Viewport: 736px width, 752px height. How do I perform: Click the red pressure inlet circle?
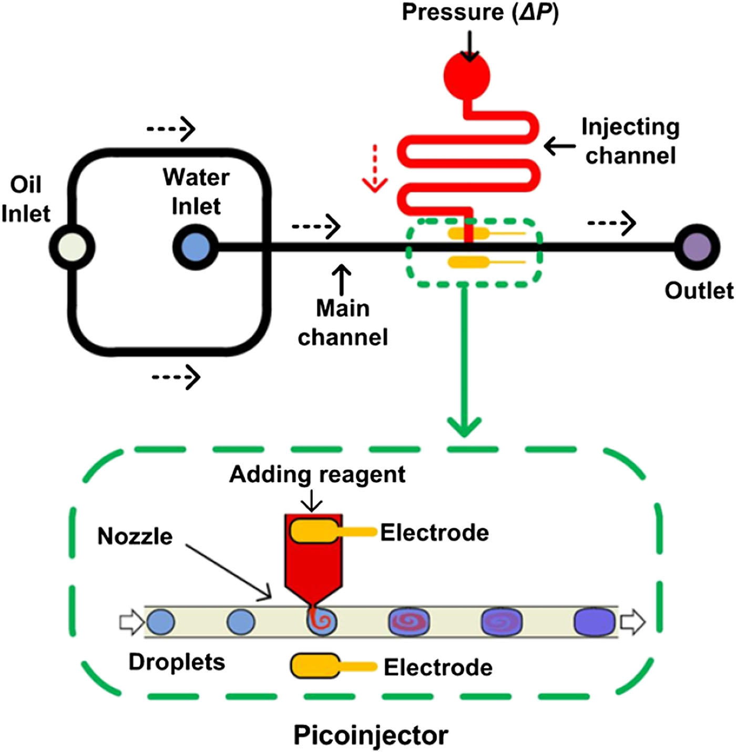pos(467,76)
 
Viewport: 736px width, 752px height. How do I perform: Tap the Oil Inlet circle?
pos(72,247)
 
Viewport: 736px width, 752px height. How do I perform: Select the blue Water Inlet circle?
pos(196,247)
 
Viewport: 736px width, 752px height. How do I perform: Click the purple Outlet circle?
pos(697,247)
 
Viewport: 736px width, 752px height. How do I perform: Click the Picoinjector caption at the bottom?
pos(371,735)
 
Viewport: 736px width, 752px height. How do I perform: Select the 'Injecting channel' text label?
pos(630,141)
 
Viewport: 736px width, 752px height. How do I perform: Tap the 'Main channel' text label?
pos(343,322)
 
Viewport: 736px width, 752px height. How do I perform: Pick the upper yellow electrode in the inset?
pos(314,531)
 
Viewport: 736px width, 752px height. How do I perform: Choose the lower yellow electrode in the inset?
pos(315,665)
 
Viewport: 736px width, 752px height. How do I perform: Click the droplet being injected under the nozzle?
pos(321,622)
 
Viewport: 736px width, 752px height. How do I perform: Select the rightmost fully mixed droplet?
pos(595,622)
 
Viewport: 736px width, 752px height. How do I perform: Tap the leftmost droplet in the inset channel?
pos(160,622)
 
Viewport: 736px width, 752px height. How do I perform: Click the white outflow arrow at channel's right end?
pos(632,622)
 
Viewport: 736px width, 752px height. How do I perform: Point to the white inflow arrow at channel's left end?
pos(131,622)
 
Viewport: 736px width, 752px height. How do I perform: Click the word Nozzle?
pos(135,537)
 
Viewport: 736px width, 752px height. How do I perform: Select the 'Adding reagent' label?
pos(317,475)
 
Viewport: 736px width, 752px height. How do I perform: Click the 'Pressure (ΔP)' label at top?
pos(480,12)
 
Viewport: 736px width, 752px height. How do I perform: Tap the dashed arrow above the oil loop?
pos(171,128)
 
